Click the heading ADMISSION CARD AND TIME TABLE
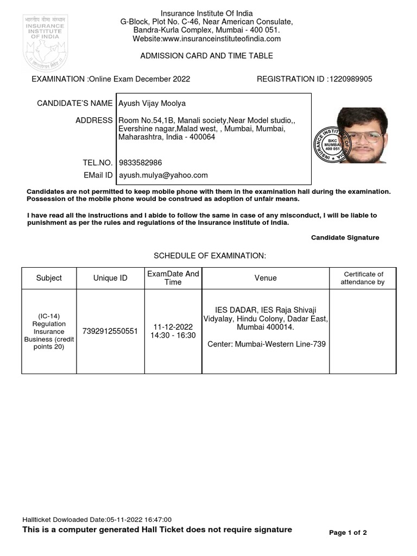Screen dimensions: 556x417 [206, 56]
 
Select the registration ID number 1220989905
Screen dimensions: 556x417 [351, 79]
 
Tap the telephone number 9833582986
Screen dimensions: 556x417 [140, 162]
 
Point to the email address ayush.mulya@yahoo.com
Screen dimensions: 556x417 [163, 175]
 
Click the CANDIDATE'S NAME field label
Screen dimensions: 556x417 [75, 103]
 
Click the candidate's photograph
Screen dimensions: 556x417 [362, 135]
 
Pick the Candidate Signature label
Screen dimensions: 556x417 [345, 238]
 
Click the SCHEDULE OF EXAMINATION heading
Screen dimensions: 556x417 [210, 256]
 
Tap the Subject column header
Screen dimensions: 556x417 [49, 278]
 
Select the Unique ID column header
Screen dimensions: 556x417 [110, 278]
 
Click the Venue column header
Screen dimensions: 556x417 [266, 278]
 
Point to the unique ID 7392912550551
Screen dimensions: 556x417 [110, 331]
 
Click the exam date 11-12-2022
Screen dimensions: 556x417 [173, 327]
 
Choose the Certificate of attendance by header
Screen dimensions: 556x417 [362, 278]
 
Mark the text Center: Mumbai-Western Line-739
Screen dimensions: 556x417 [267, 344]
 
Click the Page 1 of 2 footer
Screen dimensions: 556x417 [348, 533]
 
